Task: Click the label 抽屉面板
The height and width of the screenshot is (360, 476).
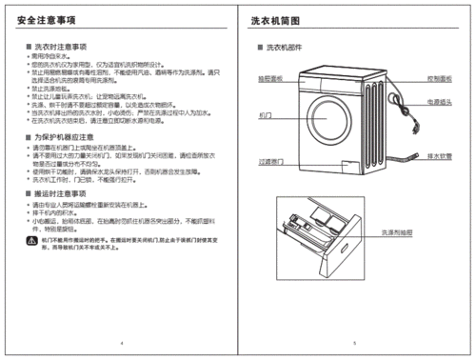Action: (271, 80)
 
